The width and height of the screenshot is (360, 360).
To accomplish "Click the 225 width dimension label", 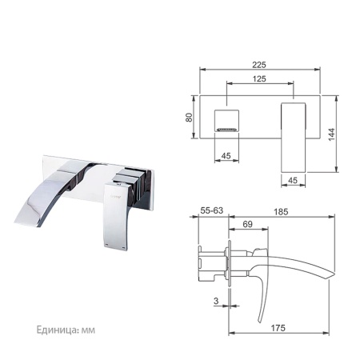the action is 259,65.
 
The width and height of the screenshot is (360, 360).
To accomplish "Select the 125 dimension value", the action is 259,78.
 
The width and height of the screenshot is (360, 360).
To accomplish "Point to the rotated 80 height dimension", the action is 189,118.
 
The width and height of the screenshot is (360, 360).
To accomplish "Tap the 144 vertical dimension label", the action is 331,134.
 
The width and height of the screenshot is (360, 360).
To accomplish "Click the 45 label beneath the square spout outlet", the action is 226,156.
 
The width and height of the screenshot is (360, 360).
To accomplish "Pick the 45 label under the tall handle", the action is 293,180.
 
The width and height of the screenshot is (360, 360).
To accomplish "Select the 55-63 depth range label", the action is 211,210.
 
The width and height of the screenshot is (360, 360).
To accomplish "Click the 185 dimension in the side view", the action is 281,212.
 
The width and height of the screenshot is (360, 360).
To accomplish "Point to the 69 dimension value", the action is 247,224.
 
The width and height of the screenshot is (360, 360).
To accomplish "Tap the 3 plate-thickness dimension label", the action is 216,301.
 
